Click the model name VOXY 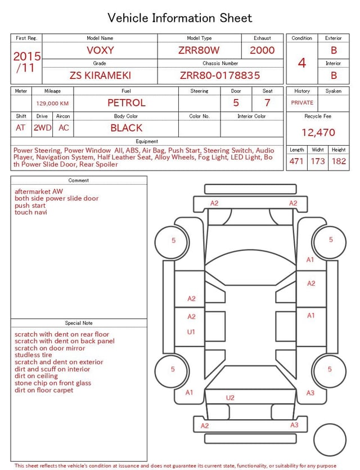(100, 50)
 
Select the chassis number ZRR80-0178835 (220, 75)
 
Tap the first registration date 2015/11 (26, 62)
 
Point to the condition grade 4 (302, 63)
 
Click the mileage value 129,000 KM (52, 104)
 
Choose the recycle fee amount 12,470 (318, 132)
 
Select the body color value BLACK (127, 128)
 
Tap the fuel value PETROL (127, 103)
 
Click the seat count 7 (267, 103)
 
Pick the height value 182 (339, 161)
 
